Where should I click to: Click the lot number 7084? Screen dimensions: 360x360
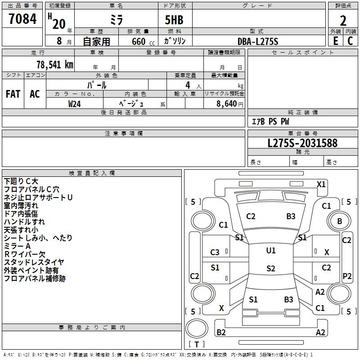point(22,19)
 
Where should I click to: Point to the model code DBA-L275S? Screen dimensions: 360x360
point(258,41)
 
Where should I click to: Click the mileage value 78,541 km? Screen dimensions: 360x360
point(54,64)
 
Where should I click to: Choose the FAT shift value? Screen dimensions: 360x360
point(13,94)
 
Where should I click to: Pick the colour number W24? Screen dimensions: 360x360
point(75,103)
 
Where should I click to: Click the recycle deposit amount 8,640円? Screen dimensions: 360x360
point(230,103)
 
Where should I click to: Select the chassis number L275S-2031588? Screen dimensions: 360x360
point(302,144)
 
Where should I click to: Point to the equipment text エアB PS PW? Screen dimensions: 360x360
point(270,122)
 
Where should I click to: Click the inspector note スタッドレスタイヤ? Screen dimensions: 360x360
point(34,262)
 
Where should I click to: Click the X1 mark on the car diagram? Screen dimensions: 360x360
point(321,184)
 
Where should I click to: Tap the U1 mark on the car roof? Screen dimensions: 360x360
point(270,250)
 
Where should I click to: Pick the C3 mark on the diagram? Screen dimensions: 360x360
point(215,252)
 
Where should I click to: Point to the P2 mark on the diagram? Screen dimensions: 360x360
point(347,276)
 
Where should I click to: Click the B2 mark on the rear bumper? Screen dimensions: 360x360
point(221,332)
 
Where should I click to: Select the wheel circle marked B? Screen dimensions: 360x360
point(339,221)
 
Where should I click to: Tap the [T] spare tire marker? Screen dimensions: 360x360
point(197,344)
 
